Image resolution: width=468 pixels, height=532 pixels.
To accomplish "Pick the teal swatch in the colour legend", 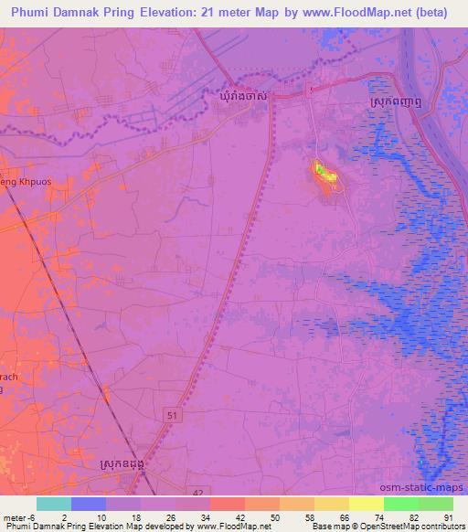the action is pos(53,504).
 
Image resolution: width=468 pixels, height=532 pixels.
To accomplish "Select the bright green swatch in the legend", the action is pos(401,504).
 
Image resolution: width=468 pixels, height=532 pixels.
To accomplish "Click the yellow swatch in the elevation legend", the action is pos(366,504).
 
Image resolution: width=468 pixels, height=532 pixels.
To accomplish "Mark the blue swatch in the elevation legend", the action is pos(88,504).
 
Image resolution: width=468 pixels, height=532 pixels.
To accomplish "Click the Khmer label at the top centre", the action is pos(243,95).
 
